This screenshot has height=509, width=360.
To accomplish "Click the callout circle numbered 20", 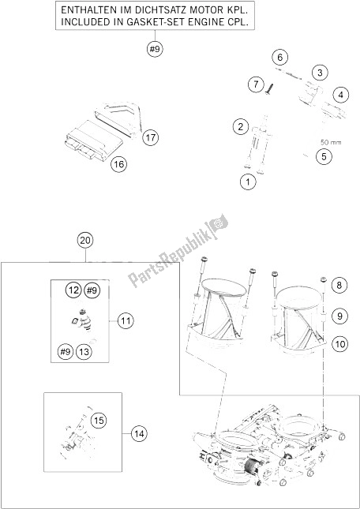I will point(84,240).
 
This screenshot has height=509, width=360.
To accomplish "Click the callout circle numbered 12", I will point(73,291).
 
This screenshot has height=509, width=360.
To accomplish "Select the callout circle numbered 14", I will point(139,432).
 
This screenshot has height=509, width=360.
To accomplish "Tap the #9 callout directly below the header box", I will point(154,51).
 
